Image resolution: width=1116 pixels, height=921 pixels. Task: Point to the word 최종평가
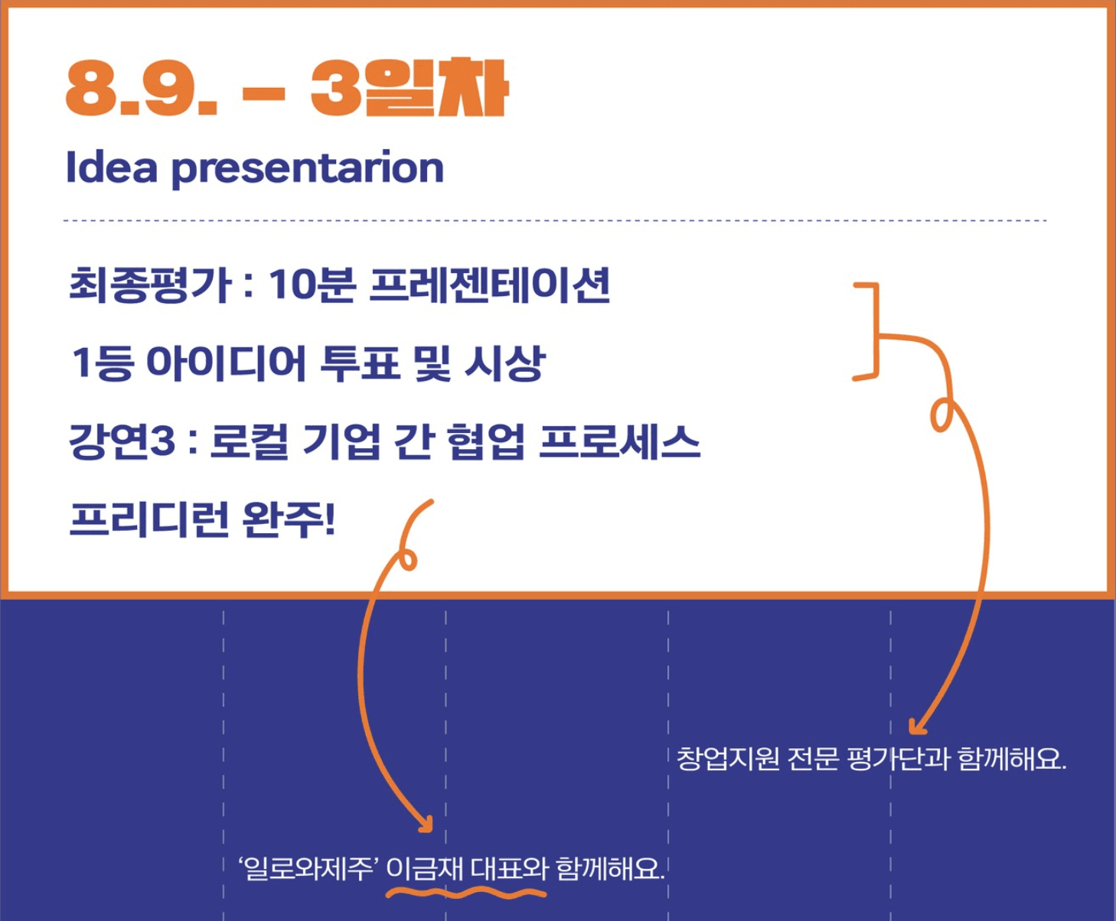click(x=150, y=285)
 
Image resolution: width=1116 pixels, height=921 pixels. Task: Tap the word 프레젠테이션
click(x=490, y=285)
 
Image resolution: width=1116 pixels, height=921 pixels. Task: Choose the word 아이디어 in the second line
click(x=227, y=363)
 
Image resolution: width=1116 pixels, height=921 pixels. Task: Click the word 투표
click(x=360, y=363)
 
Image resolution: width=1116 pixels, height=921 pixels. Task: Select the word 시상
click(x=504, y=363)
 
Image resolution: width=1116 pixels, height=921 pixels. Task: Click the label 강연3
click(x=122, y=441)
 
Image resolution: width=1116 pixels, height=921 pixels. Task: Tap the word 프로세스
click(x=619, y=441)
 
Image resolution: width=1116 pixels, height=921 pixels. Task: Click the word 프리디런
click(x=149, y=519)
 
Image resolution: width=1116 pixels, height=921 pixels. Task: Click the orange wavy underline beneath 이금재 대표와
click(x=466, y=893)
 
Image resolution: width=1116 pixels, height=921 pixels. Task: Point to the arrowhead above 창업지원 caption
click(x=917, y=726)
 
